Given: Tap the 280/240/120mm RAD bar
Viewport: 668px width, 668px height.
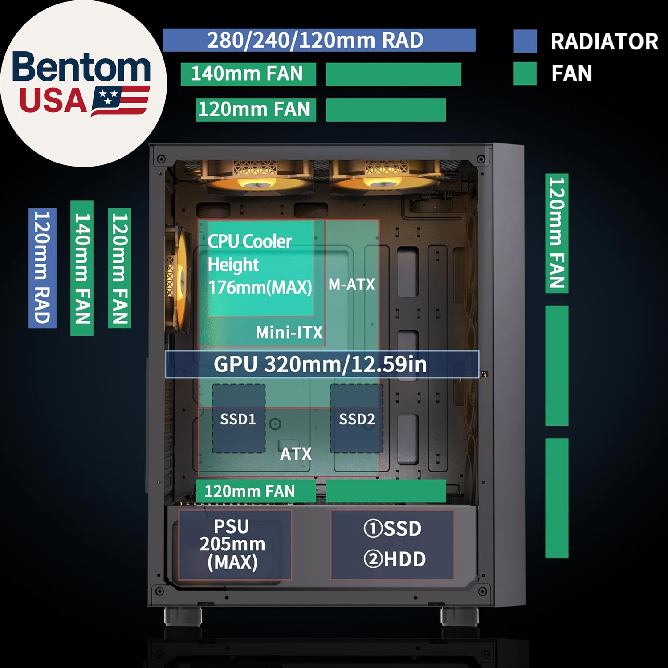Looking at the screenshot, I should [319, 40].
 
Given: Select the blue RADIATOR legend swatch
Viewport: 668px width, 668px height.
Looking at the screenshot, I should [525, 41].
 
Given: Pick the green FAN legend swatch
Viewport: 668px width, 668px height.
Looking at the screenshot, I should [525, 73].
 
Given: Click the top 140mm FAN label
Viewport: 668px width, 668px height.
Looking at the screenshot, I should [248, 74].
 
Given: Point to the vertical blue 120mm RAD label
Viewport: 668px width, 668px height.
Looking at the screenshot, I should [42, 268].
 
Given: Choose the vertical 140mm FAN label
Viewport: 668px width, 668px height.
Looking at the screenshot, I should [82, 268].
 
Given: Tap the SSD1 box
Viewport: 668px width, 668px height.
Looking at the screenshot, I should [238, 419].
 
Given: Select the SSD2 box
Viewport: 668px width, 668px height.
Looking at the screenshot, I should [356, 419].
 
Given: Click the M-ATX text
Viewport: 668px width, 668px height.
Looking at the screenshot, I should [352, 284].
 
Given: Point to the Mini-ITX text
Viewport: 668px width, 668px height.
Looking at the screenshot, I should [289, 332].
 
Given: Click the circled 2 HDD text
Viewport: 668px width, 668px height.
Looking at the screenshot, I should [395, 559].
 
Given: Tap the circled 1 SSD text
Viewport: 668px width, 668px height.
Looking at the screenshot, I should [392, 529].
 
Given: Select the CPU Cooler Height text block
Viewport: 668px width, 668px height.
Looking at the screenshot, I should [260, 265].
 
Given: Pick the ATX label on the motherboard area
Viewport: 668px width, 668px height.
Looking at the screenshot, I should [296, 454].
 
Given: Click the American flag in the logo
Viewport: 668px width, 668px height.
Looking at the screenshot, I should [120, 101].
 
